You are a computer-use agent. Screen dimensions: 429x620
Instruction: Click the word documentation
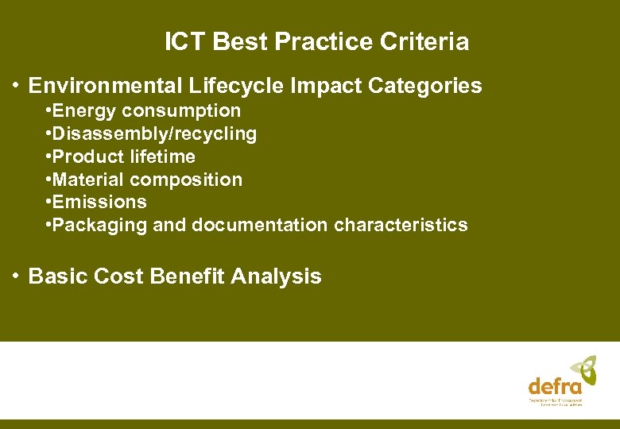coord(259,226)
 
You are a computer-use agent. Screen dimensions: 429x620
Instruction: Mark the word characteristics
coord(401,226)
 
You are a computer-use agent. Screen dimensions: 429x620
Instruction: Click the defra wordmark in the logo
coord(555,386)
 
